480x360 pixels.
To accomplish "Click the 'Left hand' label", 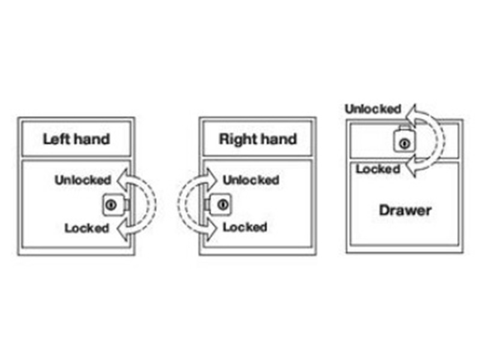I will pos(76,139).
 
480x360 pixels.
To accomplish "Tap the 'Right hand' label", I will pos(257,139).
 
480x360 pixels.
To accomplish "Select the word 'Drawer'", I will pos(405,211).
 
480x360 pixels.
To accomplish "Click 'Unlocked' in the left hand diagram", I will pos(83,179).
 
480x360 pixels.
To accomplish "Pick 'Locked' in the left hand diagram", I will pos(86,228).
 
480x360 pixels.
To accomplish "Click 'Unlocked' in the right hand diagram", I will pos(251,179).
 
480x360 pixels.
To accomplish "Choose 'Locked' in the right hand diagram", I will pos(245,228).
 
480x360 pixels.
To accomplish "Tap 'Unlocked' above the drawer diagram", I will pos(373,109).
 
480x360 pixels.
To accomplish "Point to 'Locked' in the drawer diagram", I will pos(377,169).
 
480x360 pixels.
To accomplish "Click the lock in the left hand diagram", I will pos(111,205).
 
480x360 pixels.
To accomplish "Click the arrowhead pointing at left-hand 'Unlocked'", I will pos(122,179).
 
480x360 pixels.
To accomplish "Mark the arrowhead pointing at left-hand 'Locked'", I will pos(122,229).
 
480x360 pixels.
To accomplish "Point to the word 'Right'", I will pos(235,140).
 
